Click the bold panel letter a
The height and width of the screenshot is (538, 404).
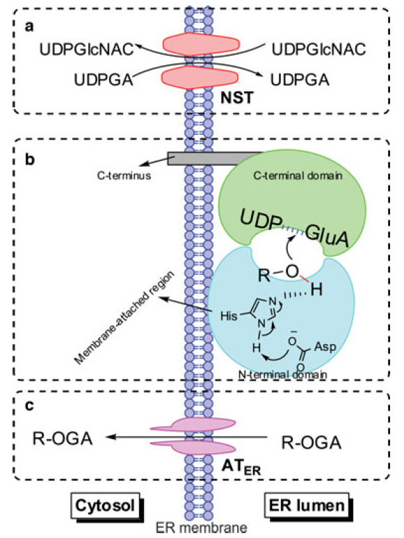(29, 26)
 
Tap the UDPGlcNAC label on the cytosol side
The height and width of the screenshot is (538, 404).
(86, 49)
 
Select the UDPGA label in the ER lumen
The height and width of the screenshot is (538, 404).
(300, 80)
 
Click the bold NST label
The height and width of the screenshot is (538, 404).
(237, 98)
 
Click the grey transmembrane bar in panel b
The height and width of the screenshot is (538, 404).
(213, 158)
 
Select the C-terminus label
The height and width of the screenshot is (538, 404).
(124, 176)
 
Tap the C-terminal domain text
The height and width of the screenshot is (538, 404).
(298, 176)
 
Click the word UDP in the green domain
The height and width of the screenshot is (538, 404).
(261, 220)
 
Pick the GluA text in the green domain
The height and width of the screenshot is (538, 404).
(327, 237)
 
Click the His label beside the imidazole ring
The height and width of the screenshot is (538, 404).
(229, 316)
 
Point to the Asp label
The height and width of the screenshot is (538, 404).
(325, 347)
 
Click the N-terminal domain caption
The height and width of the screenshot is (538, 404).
(282, 374)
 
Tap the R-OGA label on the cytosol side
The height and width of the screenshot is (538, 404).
(63, 439)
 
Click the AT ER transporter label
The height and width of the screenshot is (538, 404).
(241, 467)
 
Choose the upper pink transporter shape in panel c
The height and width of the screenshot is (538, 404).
(193, 425)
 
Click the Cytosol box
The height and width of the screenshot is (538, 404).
(105, 505)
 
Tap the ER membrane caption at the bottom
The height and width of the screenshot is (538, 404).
(201, 528)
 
